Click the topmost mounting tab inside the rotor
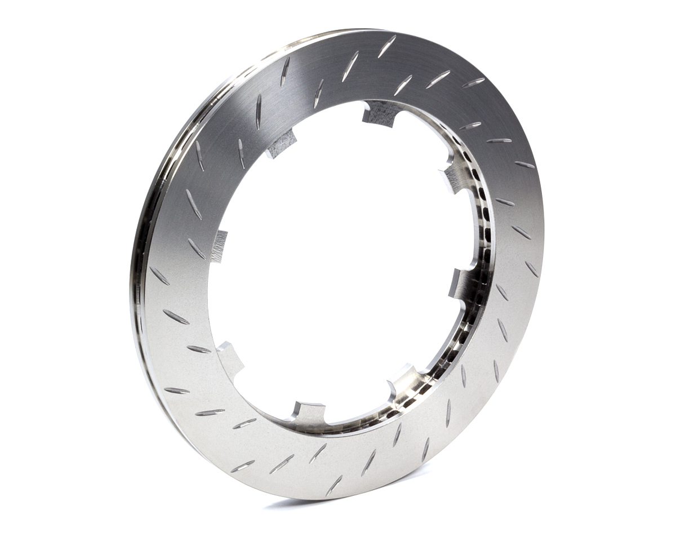click(380, 113)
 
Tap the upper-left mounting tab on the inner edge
click(281, 143)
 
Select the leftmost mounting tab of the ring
click(219, 247)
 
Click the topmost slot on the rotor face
click(387, 46)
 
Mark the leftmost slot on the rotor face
click(159, 276)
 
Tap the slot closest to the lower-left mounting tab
click(199, 349)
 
